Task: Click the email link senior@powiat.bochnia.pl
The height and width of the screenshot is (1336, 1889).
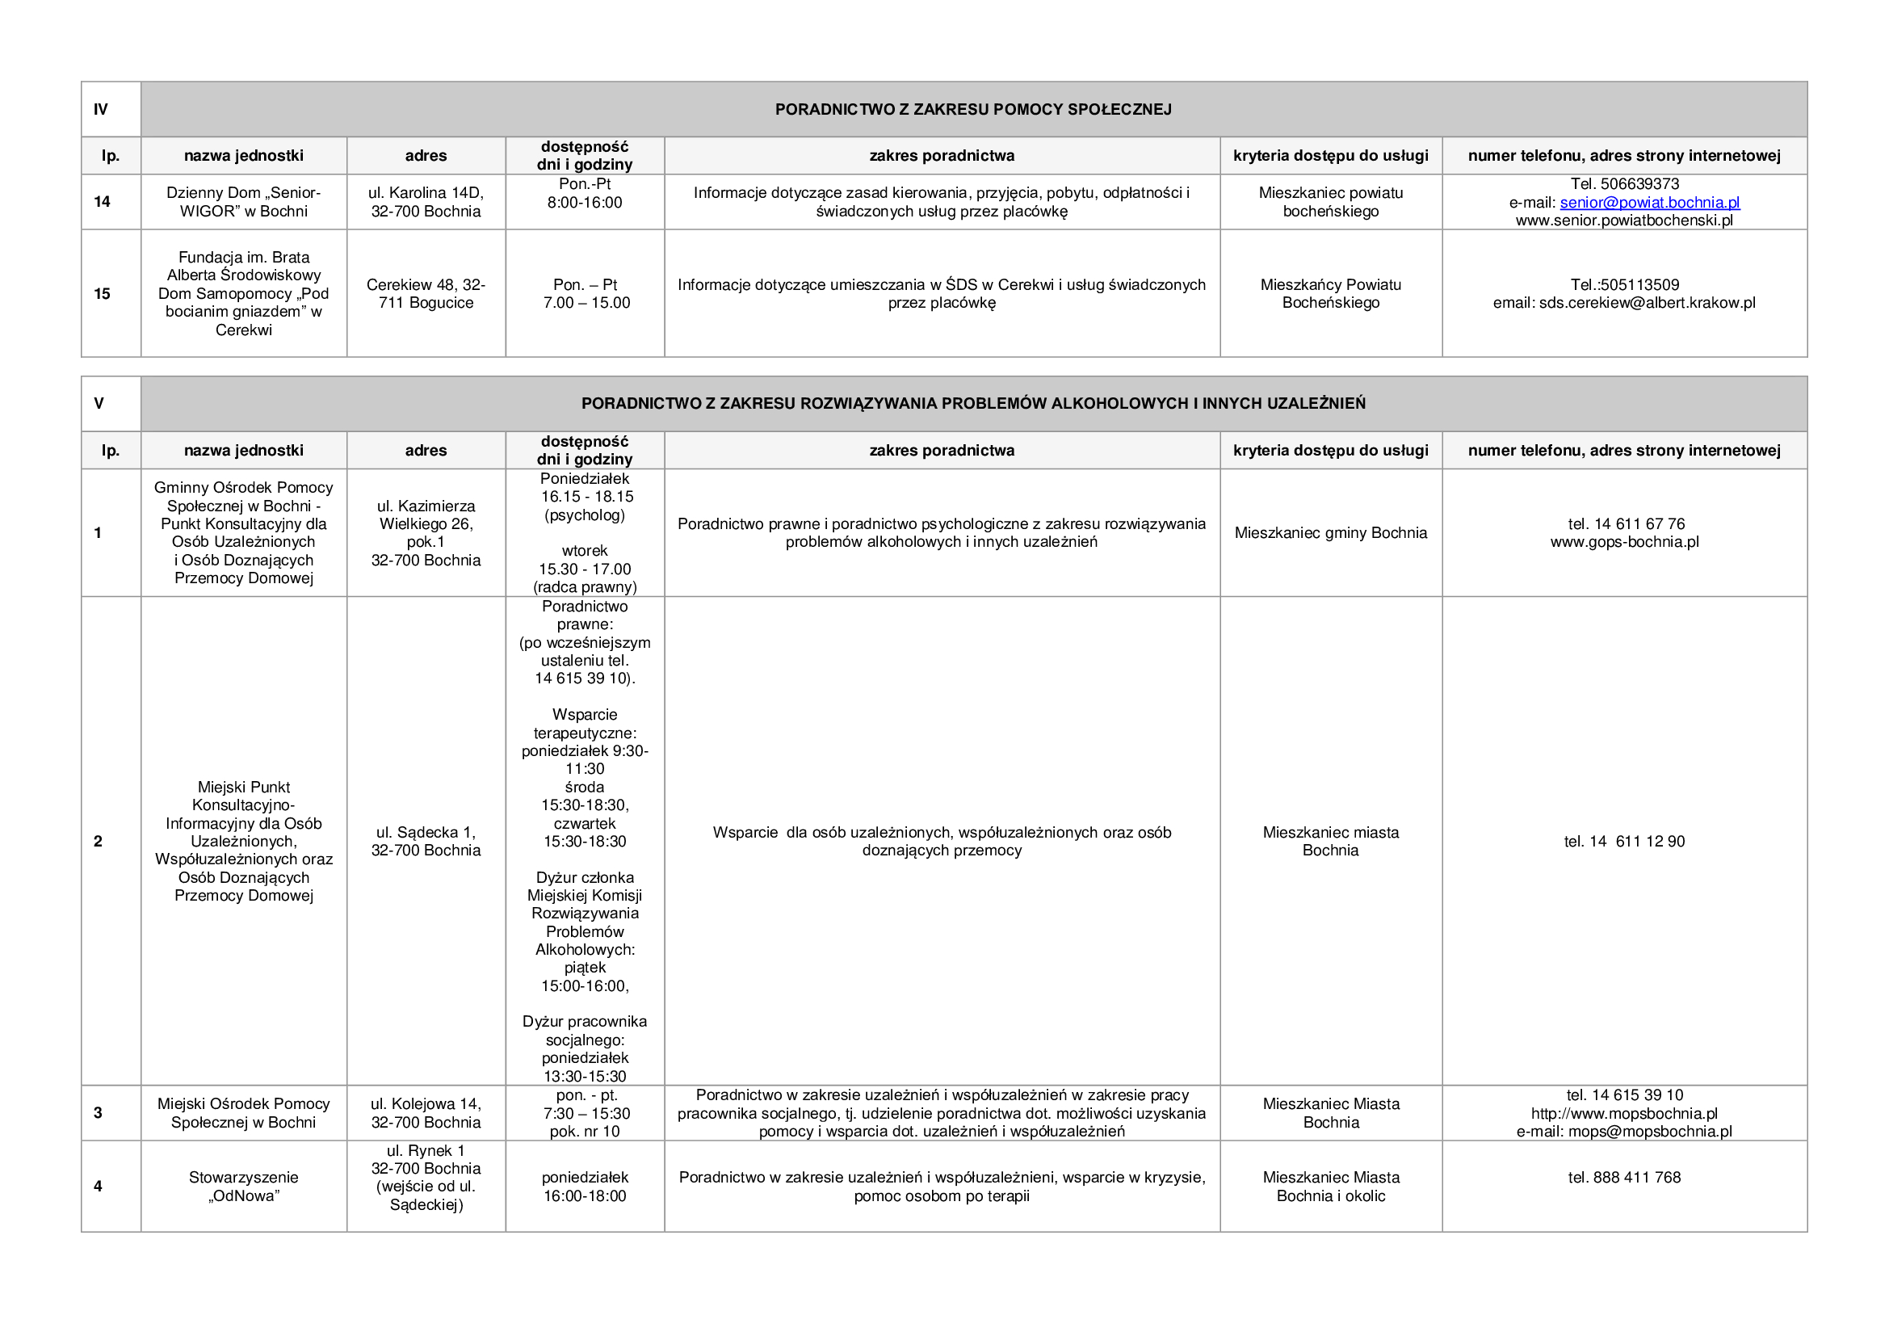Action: pyautogui.click(x=1649, y=203)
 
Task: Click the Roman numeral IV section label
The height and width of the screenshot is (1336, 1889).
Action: pyautogui.click(x=101, y=109)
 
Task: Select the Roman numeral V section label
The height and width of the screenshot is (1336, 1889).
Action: pyautogui.click(x=99, y=403)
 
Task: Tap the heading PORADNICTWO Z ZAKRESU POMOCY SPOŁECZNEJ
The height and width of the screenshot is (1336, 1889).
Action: pyautogui.click(x=972, y=109)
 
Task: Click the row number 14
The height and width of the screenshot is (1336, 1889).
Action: pyautogui.click(x=102, y=202)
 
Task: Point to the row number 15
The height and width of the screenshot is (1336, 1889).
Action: pyautogui.click(x=102, y=294)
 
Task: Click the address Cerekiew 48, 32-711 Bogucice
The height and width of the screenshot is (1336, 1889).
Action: pyautogui.click(x=426, y=294)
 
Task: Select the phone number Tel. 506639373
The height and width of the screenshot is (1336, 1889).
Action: pyautogui.click(x=1624, y=184)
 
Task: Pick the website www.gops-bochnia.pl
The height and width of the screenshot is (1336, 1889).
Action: pyautogui.click(x=1624, y=542)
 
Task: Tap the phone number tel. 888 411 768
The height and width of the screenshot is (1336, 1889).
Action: pyautogui.click(x=1624, y=1177)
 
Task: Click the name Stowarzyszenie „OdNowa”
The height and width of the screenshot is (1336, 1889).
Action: pyautogui.click(x=244, y=1187)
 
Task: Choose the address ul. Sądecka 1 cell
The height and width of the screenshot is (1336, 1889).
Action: pyautogui.click(x=426, y=841)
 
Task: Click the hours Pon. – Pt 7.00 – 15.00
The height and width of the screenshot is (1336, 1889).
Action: pyautogui.click(x=586, y=294)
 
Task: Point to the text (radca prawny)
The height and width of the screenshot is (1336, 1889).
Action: pyautogui.click(x=585, y=587)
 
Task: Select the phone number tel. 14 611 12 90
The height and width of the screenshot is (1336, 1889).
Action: pyautogui.click(x=1624, y=841)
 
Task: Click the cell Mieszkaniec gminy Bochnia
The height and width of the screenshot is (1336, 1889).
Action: pyautogui.click(x=1330, y=533)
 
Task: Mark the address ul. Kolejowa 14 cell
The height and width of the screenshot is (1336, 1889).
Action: pyautogui.click(x=426, y=1113)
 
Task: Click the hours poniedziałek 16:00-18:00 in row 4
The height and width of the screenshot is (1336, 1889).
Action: pyautogui.click(x=584, y=1187)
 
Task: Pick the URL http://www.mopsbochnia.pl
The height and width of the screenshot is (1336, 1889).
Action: pyautogui.click(x=1624, y=1114)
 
